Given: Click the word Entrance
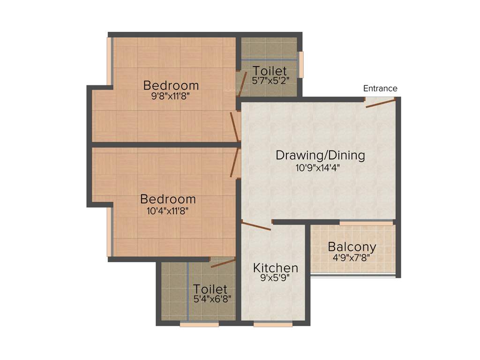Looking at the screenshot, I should tap(380, 89).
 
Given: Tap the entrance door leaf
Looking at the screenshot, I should tap(381, 103).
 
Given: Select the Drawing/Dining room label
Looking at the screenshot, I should tap(320, 155).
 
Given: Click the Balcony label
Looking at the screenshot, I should tap(352, 247).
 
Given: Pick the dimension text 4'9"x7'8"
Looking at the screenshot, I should tap(352, 257).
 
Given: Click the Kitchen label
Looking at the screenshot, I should tap(276, 268).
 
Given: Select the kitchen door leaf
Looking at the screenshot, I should tap(256, 225).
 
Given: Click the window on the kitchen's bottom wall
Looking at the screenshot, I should tap(273, 324).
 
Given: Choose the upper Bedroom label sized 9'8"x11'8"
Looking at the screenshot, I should tap(171, 86).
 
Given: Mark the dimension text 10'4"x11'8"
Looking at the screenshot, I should tap(168, 211).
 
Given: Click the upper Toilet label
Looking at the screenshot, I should tap(270, 71).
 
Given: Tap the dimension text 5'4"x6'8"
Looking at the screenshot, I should tap(212, 298).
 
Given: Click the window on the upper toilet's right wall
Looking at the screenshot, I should tap(301, 64).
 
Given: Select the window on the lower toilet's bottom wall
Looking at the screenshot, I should tap(199, 324).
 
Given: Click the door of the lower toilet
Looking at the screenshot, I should tap(223, 263).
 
